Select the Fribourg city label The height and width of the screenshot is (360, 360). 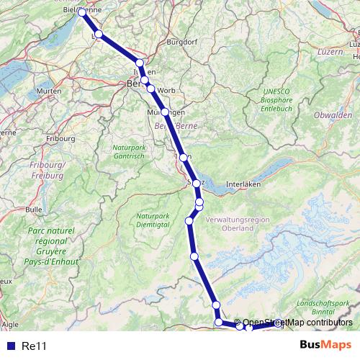(x=60, y=137)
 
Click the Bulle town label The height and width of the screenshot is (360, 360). (x=33, y=209)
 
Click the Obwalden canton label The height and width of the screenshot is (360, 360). (x=333, y=115)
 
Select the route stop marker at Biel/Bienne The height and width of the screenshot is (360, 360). (x=82, y=12)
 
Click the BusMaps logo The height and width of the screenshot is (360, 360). (x=325, y=345)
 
